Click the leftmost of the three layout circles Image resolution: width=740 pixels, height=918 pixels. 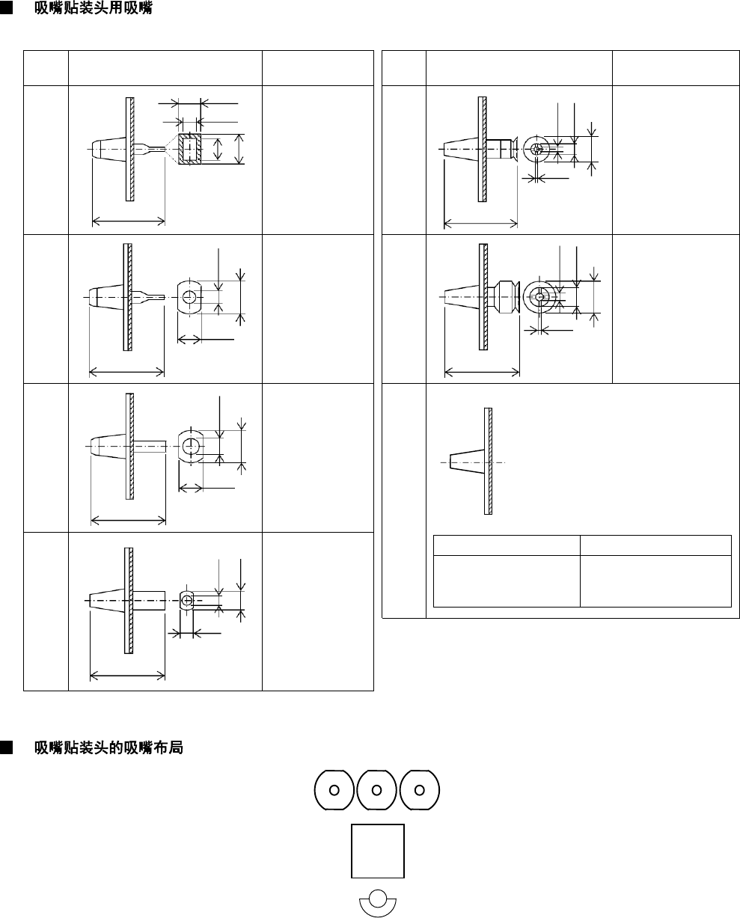coord(334,789)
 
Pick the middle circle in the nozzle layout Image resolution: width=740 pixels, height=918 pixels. coord(377,789)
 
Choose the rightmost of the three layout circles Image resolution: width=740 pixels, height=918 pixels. coord(420,789)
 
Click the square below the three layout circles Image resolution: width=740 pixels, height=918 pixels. coord(378,851)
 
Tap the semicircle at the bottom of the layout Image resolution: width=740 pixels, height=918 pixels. coord(378,901)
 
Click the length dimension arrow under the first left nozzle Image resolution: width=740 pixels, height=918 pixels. coord(128,221)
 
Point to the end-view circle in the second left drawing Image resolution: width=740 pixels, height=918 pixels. coord(189,297)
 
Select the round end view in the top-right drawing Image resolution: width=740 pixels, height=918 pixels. coord(536,149)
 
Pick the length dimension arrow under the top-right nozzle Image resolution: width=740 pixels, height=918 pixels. coord(480,222)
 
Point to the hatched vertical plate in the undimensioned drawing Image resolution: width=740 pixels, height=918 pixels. coord(488,461)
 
